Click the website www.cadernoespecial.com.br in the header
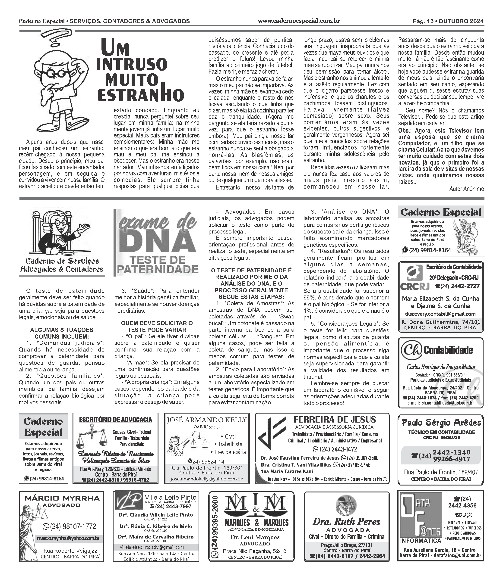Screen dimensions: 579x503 pos(298,21)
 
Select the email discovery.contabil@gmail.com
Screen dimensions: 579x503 pos(440,314)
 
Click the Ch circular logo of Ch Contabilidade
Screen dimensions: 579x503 pos(411,349)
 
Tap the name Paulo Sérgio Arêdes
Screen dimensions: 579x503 pos(441,423)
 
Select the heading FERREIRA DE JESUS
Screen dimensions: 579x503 pos(334,420)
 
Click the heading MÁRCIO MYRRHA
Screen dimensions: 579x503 pos(62,498)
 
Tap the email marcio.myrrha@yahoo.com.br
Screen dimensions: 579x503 pos(68,538)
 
